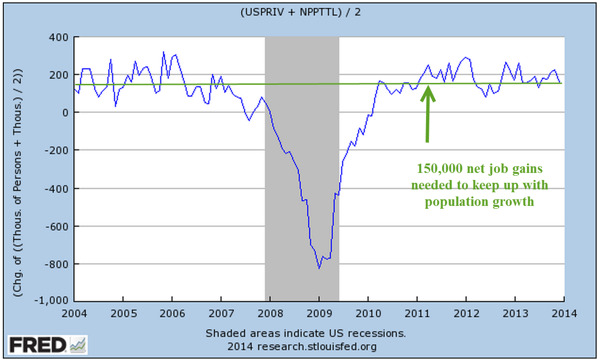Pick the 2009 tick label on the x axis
pos(319,312)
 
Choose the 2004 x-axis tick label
pos(74,312)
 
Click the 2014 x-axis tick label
pos(564,312)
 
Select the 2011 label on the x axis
pos(417,312)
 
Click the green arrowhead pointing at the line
pos(428,90)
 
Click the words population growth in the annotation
pos(479,203)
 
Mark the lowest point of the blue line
pos(319,269)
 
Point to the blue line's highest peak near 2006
pos(164,52)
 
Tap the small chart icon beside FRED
pos(78,345)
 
